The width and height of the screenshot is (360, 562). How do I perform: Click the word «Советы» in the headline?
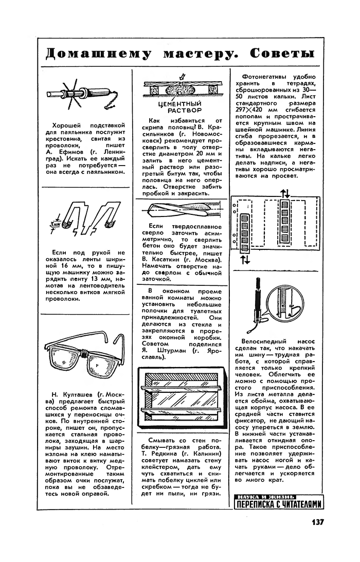(282, 55)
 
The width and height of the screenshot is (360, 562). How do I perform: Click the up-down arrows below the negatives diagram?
(245, 260)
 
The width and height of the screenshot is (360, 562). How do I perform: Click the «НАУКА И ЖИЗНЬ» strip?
(265, 496)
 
